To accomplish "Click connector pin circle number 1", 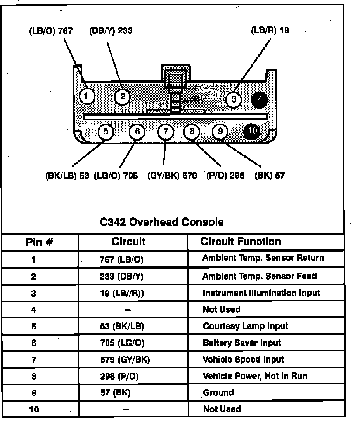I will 87,96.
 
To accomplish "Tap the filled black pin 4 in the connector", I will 260,99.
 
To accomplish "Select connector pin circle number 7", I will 166,132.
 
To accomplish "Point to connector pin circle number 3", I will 234,99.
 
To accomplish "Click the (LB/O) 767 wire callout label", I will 50,31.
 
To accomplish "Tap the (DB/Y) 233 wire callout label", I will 111,31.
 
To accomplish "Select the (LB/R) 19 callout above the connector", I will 270,30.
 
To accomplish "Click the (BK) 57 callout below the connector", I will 270,176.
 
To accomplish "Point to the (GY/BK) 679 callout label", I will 172,176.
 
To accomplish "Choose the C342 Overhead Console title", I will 161,222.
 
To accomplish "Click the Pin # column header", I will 39,242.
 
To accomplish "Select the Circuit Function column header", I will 241,242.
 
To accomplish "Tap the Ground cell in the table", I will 218,392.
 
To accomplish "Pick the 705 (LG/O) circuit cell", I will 122,343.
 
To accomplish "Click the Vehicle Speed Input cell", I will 243,359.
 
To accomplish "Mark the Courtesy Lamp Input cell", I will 245,326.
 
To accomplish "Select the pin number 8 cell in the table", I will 34,376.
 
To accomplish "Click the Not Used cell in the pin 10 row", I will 222,409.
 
